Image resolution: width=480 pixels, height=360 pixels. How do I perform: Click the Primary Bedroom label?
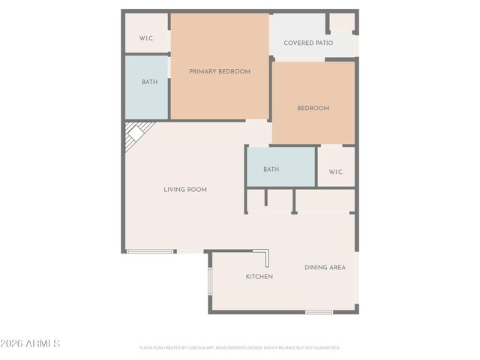[219, 72]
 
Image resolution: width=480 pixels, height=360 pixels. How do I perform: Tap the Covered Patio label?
[308, 43]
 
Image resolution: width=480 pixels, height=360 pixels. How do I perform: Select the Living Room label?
[185, 190]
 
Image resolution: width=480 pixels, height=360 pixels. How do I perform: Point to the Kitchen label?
[259, 277]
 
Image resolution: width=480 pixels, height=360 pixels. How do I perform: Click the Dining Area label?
[325, 268]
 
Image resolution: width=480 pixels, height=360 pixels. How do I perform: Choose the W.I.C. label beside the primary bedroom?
[146, 37]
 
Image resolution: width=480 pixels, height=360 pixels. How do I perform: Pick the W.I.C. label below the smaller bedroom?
[336, 172]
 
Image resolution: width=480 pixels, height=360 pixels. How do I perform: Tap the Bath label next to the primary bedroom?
[149, 82]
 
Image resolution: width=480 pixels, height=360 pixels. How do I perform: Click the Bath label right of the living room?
[271, 169]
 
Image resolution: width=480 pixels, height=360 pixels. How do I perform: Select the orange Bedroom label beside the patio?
[313, 109]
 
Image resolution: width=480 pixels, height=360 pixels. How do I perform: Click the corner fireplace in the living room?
[135, 136]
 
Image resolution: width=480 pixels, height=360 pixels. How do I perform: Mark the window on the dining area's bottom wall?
[319, 312]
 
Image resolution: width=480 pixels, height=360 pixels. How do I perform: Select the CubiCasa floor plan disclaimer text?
[240, 348]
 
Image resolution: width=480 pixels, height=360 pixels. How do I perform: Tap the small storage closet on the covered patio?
[341, 22]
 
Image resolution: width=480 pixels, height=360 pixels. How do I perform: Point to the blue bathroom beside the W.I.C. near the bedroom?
[281, 166]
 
